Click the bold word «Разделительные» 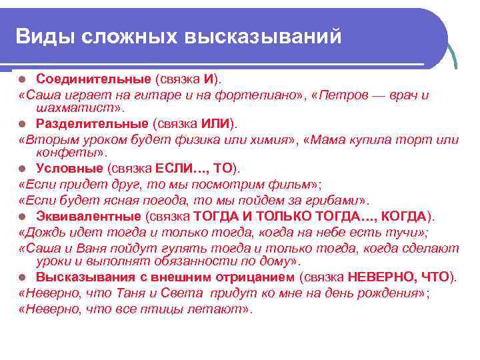92,123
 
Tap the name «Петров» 338,95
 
